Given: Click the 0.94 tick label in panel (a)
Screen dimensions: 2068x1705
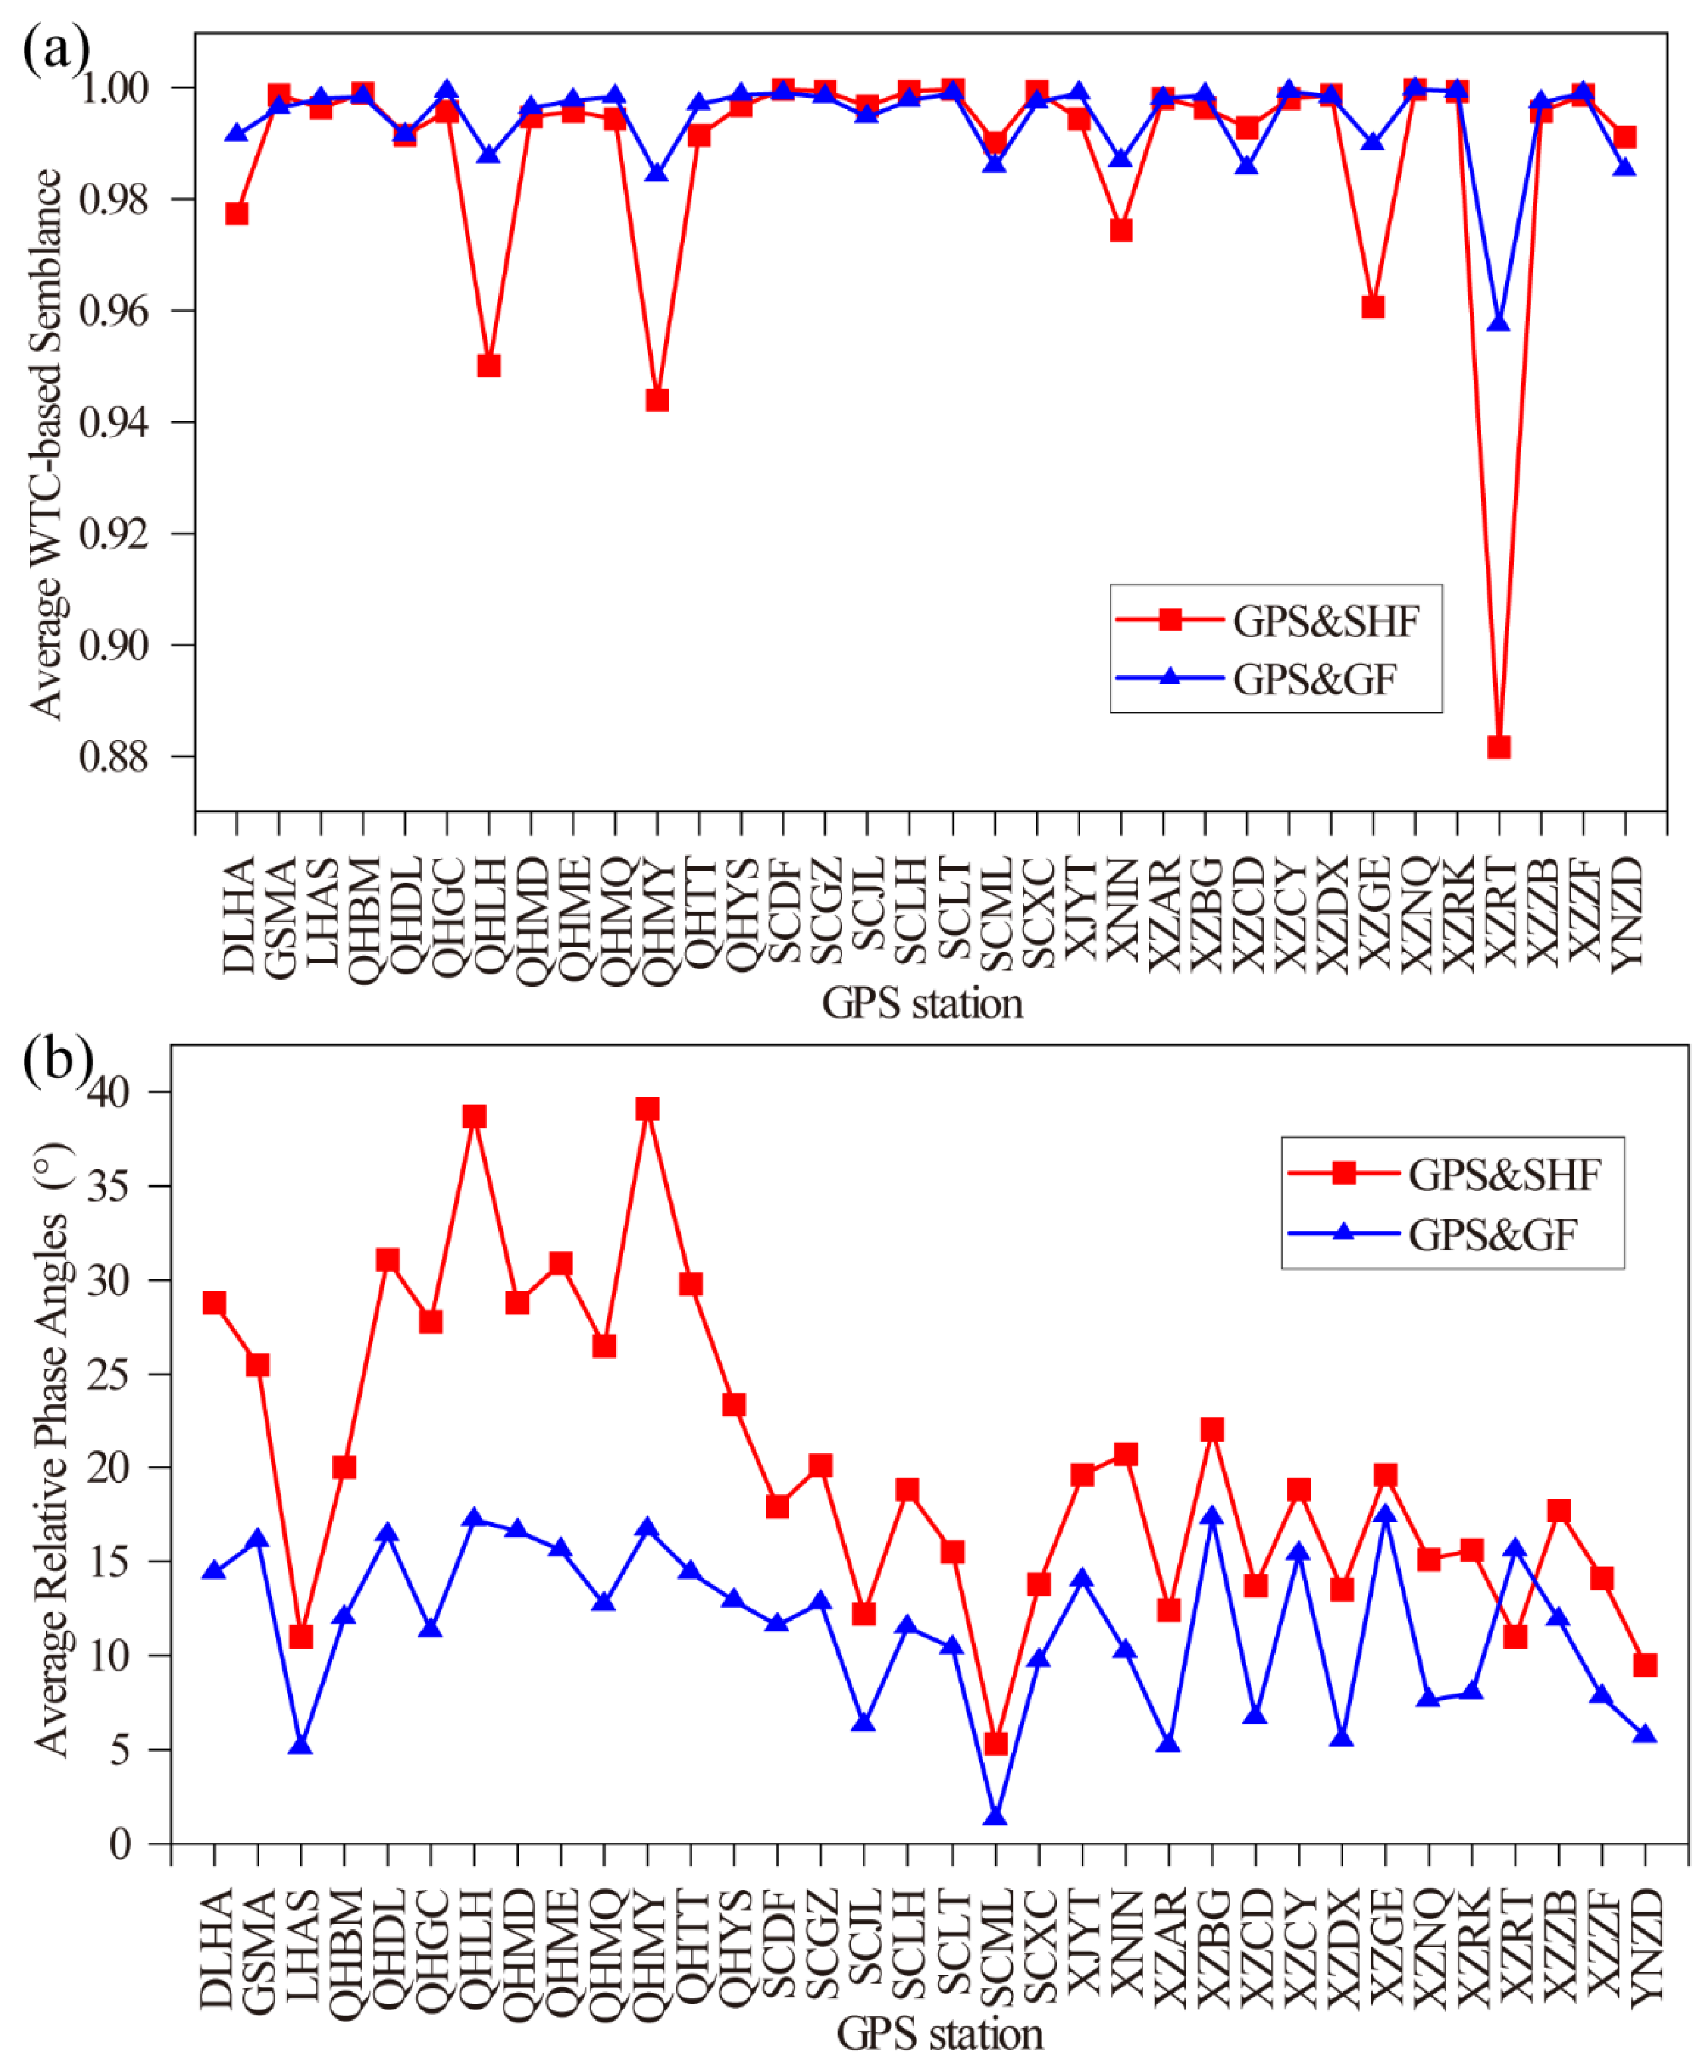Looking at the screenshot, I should coord(113,423).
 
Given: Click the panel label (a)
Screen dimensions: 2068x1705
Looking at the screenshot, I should coord(56,47).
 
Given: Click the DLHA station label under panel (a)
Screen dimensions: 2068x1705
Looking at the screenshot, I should coord(239,915).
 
